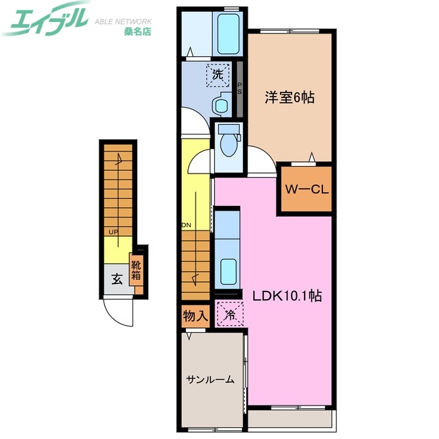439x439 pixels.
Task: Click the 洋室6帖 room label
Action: tap(289, 98)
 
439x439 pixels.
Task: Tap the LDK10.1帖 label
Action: tap(287, 296)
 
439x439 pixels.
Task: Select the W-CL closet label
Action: tap(306, 189)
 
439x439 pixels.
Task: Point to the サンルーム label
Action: tap(210, 379)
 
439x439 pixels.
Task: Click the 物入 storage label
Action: tap(195, 316)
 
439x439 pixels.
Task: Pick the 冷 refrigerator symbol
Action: tap(228, 315)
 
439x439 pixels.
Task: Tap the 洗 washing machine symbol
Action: tap(218, 75)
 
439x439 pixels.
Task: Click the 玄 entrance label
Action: tap(117, 279)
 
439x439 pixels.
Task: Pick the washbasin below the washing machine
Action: tap(220, 106)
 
